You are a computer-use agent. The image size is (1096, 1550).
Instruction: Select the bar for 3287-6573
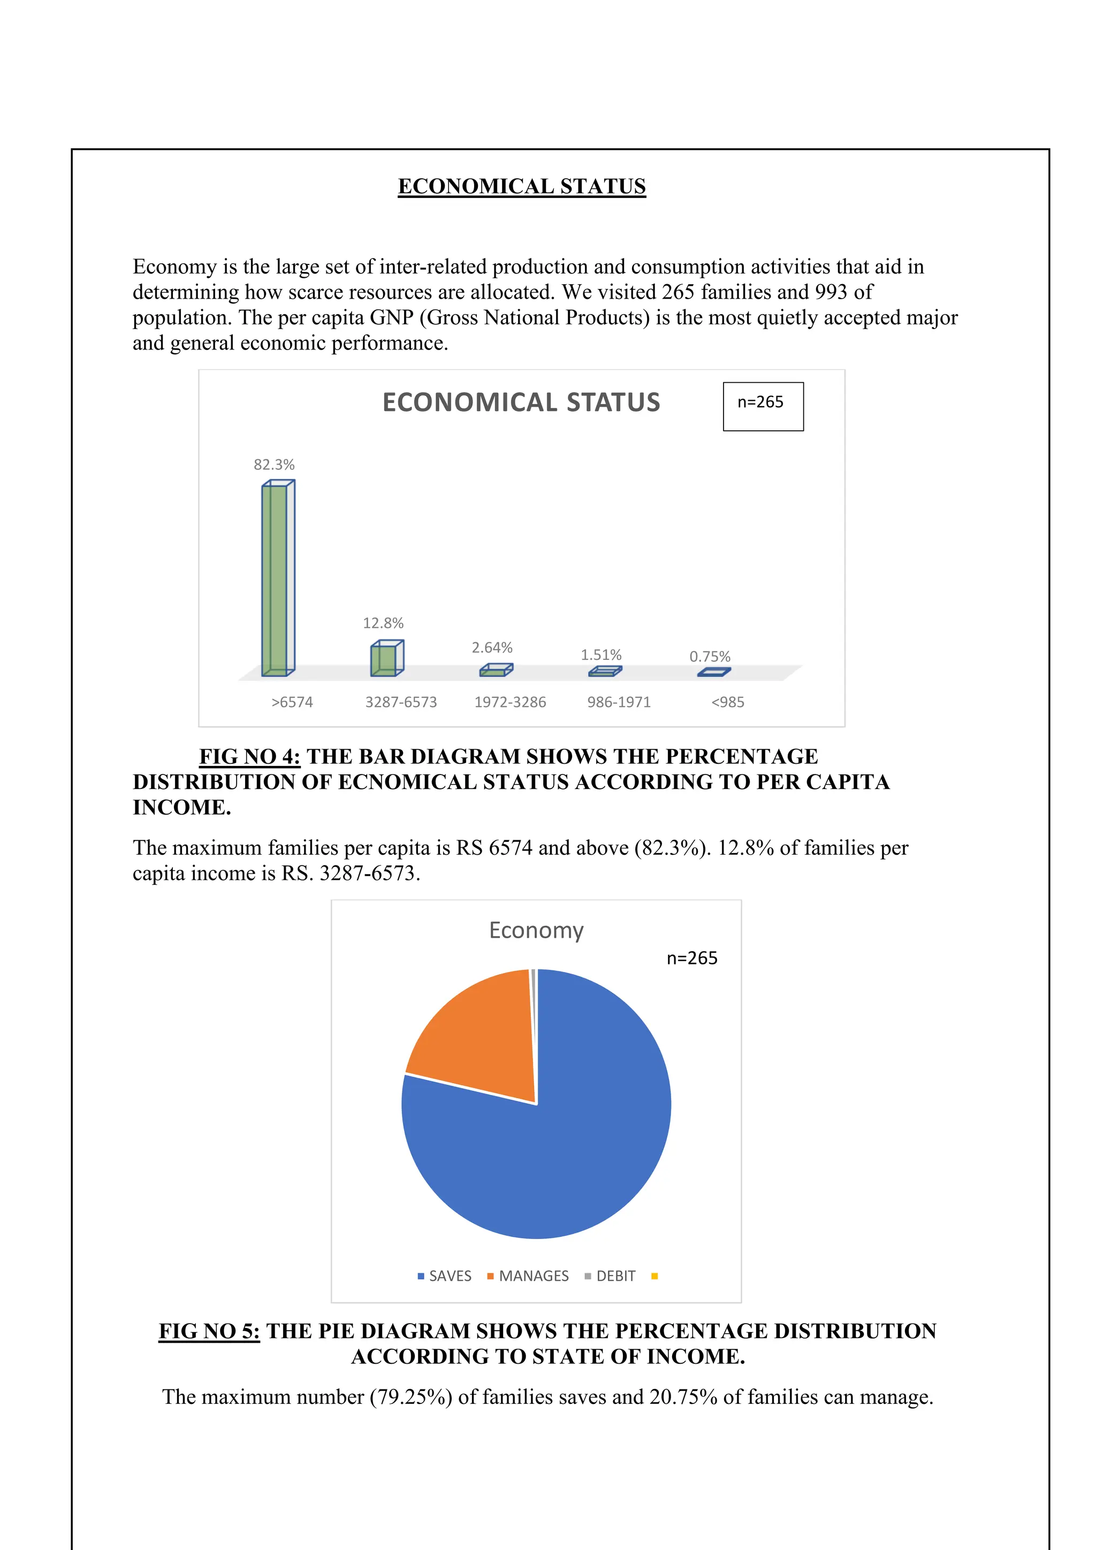pos(385,659)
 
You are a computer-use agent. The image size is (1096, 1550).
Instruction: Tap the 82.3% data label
pos(274,465)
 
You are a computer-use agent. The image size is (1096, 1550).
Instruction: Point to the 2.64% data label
pos(492,648)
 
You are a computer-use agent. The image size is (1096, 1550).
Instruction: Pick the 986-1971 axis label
pos(618,702)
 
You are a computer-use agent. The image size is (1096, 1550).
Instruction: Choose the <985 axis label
pos(727,702)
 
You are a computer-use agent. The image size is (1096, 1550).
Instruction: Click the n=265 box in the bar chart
pos(763,406)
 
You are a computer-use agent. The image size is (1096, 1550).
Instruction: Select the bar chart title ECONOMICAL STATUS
pos(521,402)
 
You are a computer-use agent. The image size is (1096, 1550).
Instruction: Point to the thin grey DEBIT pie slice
pos(533,999)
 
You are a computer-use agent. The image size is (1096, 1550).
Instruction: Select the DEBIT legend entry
pos(610,1276)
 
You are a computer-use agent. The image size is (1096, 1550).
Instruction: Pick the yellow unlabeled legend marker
pos(654,1276)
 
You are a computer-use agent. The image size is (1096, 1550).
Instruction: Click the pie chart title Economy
pos(536,930)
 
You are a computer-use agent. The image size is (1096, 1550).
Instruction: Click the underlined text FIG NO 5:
pos(209,1331)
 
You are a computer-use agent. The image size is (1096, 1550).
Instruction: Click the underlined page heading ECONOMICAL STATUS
pos(522,186)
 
